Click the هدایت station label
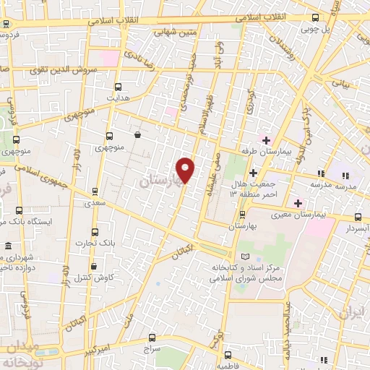click(x=118, y=96)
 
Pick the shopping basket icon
click(x=137, y=134)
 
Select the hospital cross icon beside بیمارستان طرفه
click(x=266, y=139)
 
